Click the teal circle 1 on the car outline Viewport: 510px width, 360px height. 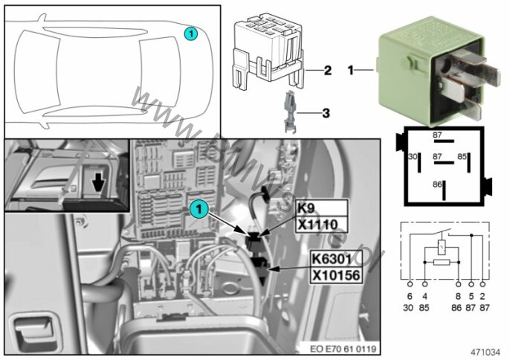point(192,33)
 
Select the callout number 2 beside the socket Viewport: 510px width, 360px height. point(326,71)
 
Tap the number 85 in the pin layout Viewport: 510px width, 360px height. point(462,157)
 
